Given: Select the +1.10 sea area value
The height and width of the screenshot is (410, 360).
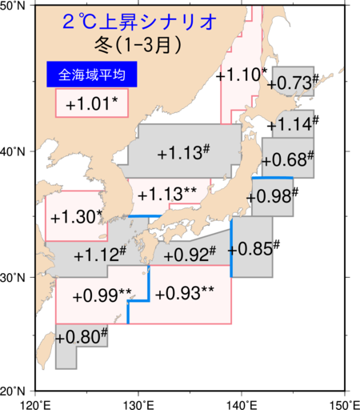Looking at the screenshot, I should pyautogui.click(x=240, y=74).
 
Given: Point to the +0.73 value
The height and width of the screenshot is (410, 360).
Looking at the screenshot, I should pyautogui.click(x=289, y=82).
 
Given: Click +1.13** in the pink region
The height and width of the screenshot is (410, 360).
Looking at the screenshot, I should pyautogui.click(x=169, y=194).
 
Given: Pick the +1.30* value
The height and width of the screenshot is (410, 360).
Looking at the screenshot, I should pyautogui.click(x=76, y=216).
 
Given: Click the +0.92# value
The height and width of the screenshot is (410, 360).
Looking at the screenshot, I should pyautogui.click(x=190, y=255).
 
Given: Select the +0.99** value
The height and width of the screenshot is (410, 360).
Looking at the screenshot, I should pyautogui.click(x=102, y=295).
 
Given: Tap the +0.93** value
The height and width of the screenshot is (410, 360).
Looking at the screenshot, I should pyautogui.click(x=184, y=293).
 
